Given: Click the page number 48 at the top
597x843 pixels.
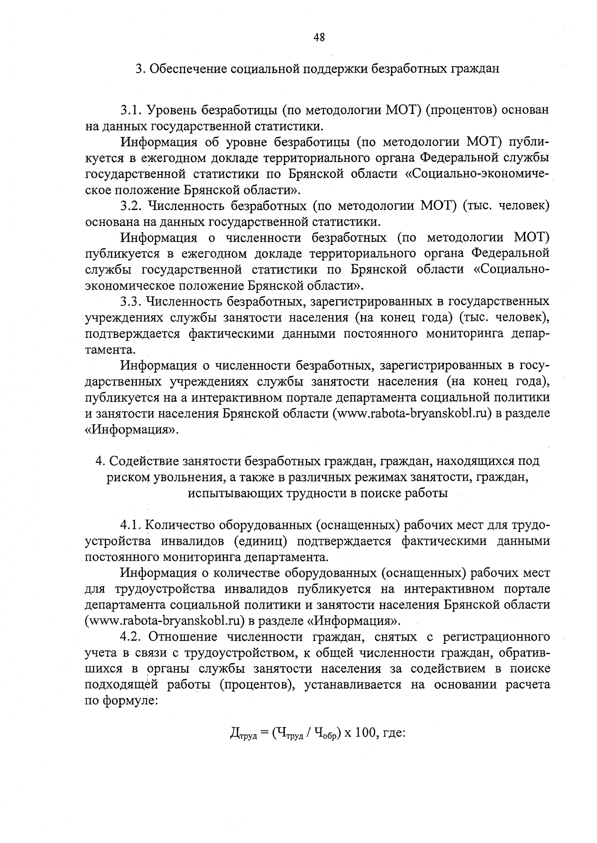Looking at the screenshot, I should (319, 37).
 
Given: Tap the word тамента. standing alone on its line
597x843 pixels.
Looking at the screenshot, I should (103, 349).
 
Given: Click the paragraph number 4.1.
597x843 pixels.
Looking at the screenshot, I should (131, 525).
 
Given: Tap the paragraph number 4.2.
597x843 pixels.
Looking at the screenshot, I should (131, 637).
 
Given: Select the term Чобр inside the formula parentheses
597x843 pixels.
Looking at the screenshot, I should (326, 733).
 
